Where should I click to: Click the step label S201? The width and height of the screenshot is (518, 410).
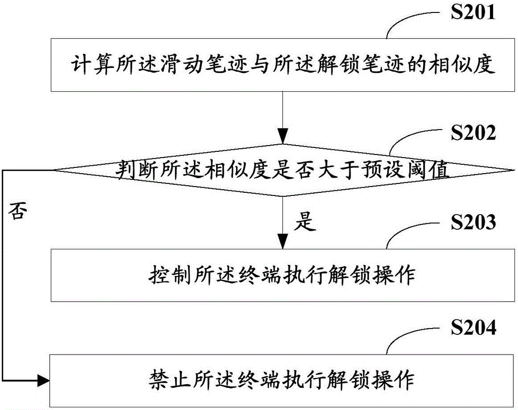tap(473, 13)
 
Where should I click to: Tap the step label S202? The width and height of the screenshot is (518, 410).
tap(473, 133)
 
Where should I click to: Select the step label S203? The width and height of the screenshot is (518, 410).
tap(473, 222)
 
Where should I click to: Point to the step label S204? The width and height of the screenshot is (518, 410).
tap(473, 328)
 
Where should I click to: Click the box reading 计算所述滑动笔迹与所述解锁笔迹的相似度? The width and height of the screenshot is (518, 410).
tap(283, 65)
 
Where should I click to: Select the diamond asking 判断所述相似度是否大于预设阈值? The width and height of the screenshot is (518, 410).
tap(283, 171)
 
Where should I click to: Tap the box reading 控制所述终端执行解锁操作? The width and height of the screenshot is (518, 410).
tap(283, 275)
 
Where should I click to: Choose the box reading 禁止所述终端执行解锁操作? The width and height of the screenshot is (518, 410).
tap(282, 380)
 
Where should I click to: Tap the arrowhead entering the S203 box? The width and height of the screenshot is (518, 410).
tap(283, 242)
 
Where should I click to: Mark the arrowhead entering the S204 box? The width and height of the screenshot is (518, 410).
tap(43, 381)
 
